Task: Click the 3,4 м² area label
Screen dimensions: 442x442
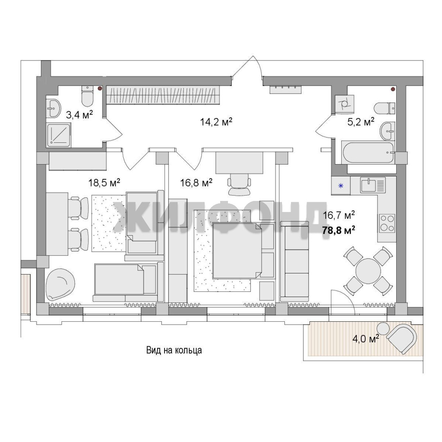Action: [x=79, y=115]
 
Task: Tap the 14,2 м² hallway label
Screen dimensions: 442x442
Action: [x=216, y=122]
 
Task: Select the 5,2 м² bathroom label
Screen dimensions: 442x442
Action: [x=361, y=122]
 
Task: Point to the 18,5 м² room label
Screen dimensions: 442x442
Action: [x=104, y=183]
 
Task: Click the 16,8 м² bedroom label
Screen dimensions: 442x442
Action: [x=196, y=183]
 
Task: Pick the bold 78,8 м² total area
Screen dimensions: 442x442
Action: [x=338, y=230]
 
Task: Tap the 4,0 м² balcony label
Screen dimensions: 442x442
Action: [x=365, y=338]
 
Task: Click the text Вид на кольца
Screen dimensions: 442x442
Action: [x=174, y=350]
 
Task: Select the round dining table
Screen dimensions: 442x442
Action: [x=368, y=271]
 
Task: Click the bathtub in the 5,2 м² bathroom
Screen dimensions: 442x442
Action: [x=368, y=153]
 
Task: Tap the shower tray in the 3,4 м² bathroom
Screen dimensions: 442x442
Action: [x=59, y=135]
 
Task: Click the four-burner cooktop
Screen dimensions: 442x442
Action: [x=387, y=223]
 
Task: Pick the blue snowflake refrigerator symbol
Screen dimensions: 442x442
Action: [x=341, y=186]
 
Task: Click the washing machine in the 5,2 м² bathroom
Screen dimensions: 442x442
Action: [x=345, y=104]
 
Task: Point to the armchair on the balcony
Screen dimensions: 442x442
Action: [x=402, y=338]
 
